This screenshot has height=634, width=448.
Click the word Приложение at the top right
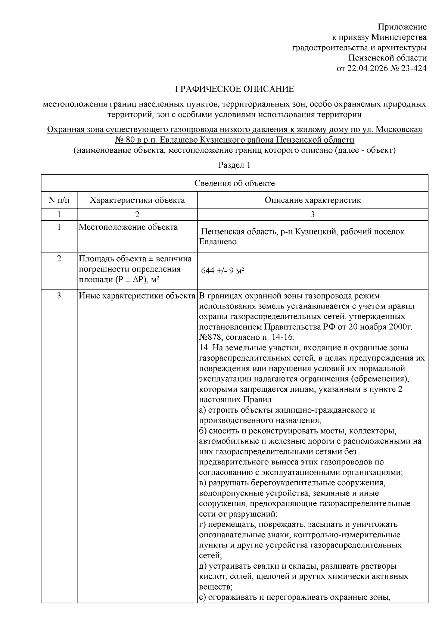[402, 27]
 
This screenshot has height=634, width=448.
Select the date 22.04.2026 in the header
[366, 68]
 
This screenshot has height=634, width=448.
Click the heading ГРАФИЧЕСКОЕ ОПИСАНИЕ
[234, 89]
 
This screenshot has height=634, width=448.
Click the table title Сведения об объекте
[234, 183]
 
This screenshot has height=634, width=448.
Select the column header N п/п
[59, 200]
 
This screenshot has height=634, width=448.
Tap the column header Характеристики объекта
[137, 200]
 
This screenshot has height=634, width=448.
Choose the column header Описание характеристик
[312, 200]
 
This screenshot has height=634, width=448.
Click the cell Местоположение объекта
[128, 227]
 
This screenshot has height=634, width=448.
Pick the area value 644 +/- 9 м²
[223, 271]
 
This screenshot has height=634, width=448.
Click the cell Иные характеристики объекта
[137, 296]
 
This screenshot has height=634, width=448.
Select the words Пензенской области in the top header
[387, 58]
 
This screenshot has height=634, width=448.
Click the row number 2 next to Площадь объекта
[59, 258]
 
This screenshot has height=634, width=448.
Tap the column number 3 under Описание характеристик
[312, 214]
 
